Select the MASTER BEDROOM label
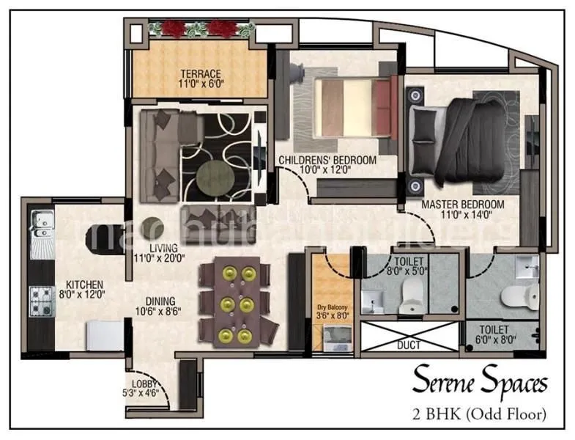463,204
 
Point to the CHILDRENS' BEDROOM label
327,160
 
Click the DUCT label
409,343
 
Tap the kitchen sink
40,219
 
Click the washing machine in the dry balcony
337,340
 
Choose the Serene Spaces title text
480,382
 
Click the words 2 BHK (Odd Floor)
479,414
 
